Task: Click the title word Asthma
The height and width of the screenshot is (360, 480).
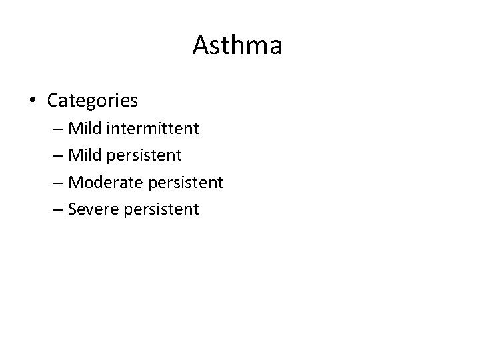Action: tap(237, 46)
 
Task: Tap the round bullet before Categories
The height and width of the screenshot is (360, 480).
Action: tap(33, 101)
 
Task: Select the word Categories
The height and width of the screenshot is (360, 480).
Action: tap(93, 101)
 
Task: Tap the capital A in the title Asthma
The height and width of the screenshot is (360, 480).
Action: tap(201, 46)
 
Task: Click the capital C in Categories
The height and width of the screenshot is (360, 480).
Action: tap(53, 101)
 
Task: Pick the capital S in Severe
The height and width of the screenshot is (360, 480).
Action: tap(72, 209)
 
